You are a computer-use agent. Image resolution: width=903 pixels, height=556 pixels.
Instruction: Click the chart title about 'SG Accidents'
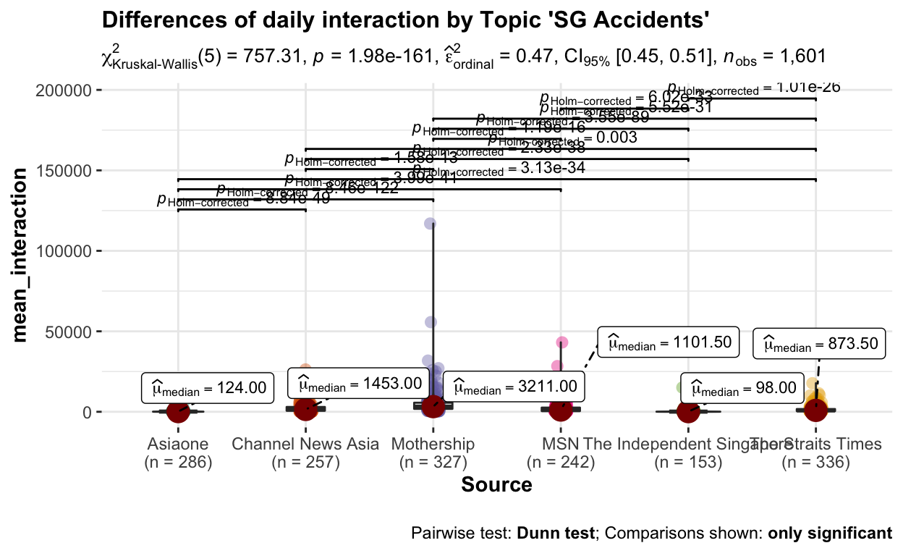(405, 21)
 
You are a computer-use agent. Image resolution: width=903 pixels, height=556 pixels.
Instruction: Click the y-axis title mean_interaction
(22, 254)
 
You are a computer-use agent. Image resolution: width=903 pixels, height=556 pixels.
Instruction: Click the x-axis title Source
(496, 484)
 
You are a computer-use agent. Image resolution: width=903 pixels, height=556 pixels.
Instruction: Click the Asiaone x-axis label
(178, 444)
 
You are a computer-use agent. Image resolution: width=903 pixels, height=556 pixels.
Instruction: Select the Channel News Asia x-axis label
(305, 444)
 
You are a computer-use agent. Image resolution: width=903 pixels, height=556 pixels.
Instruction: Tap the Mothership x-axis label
(433, 444)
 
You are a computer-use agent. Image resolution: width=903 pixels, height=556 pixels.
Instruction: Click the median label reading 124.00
(208, 389)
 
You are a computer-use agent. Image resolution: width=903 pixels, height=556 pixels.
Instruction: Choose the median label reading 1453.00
(355, 383)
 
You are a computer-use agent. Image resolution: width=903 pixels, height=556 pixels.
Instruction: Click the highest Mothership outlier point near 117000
(430, 224)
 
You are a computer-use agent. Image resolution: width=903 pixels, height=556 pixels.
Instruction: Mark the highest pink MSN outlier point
(562, 342)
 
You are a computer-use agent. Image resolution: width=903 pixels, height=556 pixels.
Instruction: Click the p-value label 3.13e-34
(499, 169)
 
